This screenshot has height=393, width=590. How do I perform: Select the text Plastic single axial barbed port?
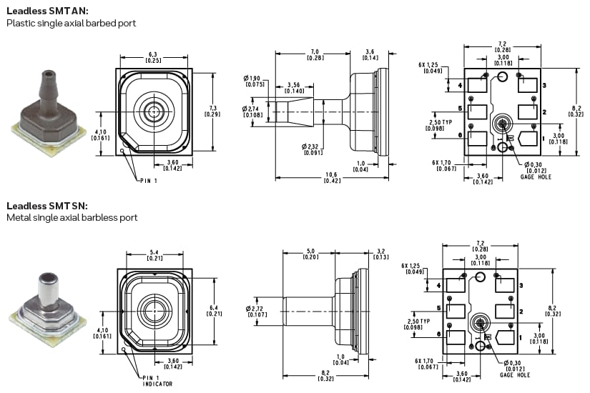71,23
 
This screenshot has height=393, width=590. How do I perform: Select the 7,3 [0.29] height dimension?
212,110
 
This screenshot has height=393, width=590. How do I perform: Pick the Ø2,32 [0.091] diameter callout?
313,149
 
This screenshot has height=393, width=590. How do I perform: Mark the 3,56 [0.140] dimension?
294,88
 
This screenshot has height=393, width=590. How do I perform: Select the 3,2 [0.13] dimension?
381,254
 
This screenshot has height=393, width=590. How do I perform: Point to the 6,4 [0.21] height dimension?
212,311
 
